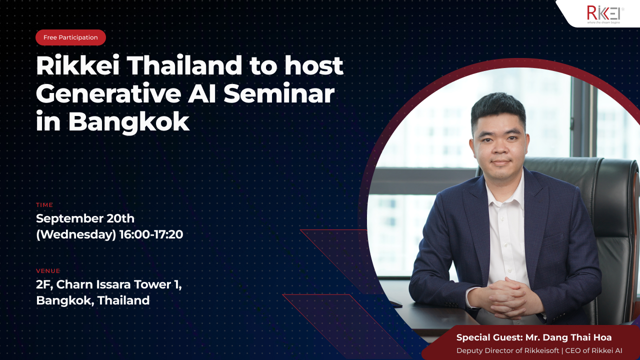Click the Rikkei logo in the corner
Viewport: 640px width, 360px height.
605,14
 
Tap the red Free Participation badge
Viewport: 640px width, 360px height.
70,37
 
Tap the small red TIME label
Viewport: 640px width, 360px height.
44,205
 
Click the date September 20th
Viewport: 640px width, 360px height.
85,218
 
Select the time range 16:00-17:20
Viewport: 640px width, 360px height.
151,234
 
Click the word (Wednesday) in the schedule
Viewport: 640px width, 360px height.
76,235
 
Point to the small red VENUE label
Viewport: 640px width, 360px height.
48,271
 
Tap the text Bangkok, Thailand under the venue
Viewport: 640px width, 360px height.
93,300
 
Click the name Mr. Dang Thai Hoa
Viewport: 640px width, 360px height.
568,337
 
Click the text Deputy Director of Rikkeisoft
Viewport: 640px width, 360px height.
507,350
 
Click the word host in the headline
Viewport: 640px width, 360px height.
313,65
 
